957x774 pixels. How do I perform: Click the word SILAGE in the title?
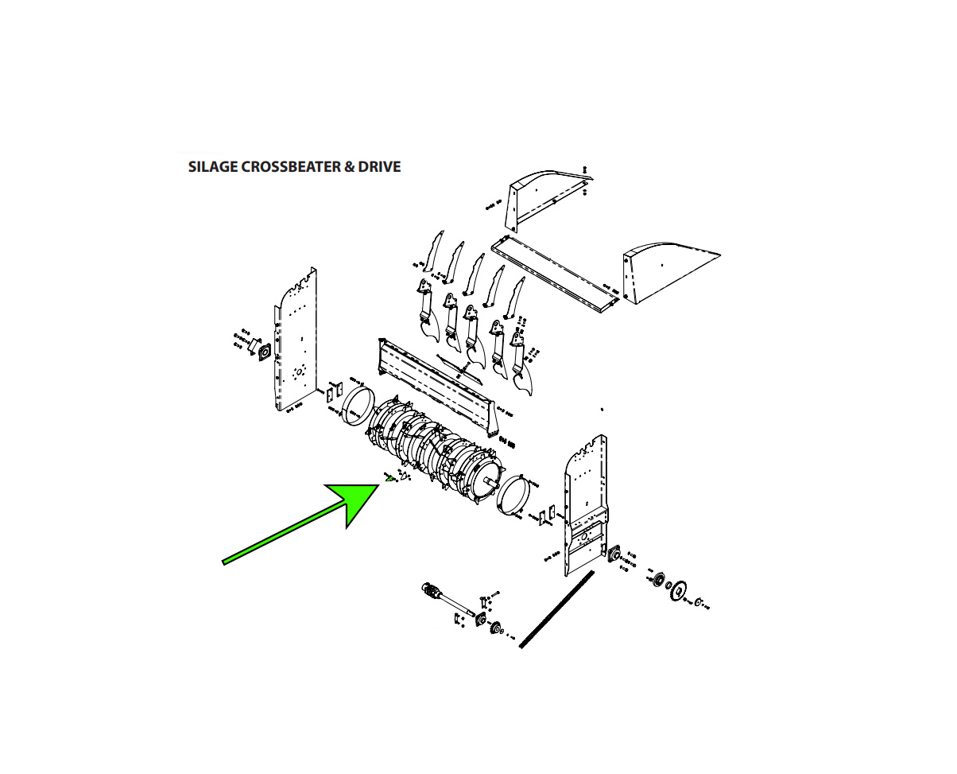[212, 167]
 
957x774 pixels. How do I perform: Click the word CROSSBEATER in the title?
[291, 167]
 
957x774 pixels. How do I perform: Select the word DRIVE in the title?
[379, 167]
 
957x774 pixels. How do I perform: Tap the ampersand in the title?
[349, 167]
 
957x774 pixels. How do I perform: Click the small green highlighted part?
[389, 479]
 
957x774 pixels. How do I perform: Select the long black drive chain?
[556, 609]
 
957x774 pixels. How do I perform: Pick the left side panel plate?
[295, 340]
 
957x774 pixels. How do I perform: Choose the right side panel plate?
[585, 505]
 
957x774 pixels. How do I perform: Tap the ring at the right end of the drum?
[514, 495]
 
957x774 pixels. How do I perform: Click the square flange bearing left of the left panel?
[264, 352]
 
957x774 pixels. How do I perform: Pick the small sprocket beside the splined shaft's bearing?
[495, 628]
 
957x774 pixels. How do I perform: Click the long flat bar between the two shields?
[555, 274]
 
